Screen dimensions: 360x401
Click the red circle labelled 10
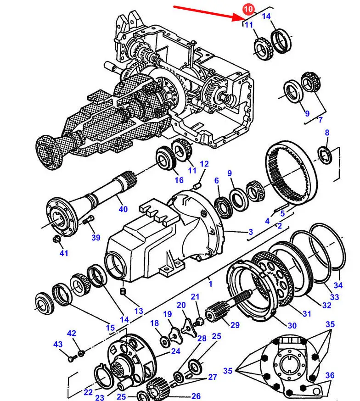248,9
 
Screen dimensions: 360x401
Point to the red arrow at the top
207,13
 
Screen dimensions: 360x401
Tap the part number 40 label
123,210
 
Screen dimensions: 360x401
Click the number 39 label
96,237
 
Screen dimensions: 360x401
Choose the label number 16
179,180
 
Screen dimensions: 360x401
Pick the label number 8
327,133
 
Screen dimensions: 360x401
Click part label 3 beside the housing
251,232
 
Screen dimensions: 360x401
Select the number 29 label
235,325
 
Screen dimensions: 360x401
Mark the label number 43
57,344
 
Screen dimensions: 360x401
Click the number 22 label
88,392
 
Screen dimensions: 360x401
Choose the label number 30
292,326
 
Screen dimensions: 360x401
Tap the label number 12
204,164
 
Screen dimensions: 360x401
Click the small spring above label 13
123,292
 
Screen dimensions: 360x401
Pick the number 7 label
321,120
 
